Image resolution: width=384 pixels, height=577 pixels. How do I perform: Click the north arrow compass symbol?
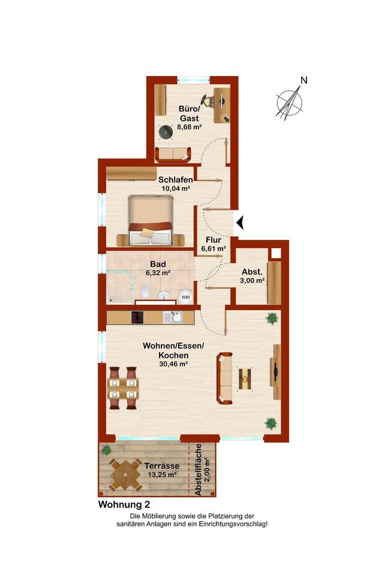pos(290,102)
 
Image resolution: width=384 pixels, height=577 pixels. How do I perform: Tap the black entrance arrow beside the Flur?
pos(241,222)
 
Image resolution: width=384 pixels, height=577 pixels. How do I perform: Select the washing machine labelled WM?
pos(185,296)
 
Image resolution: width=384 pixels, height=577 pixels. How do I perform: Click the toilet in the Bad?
pos(146,293)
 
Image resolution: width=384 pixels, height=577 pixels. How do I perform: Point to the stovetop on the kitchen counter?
pos(137,317)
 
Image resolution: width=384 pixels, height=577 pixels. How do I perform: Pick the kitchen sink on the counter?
pos(173,317)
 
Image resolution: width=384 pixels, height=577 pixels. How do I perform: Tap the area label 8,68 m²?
pos(190,127)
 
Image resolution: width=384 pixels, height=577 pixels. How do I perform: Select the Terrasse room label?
pos(161,466)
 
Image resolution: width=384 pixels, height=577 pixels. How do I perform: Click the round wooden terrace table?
pos(125,475)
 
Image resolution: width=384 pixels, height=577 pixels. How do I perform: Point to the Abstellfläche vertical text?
pos(199,469)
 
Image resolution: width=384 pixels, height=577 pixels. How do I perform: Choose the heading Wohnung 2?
pos(124,504)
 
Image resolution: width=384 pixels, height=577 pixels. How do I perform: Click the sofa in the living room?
pos(225,378)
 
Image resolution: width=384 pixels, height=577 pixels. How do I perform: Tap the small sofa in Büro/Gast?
pos(173,154)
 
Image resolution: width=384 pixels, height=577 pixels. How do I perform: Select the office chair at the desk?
pos(208,100)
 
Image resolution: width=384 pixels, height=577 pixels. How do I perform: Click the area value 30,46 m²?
pos(173,364)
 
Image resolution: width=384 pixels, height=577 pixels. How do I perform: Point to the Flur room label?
pos(214,240)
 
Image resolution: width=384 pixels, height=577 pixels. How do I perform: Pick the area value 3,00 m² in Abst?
pos(253,281)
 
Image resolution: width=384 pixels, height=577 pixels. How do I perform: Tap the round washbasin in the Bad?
pos(164,295)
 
